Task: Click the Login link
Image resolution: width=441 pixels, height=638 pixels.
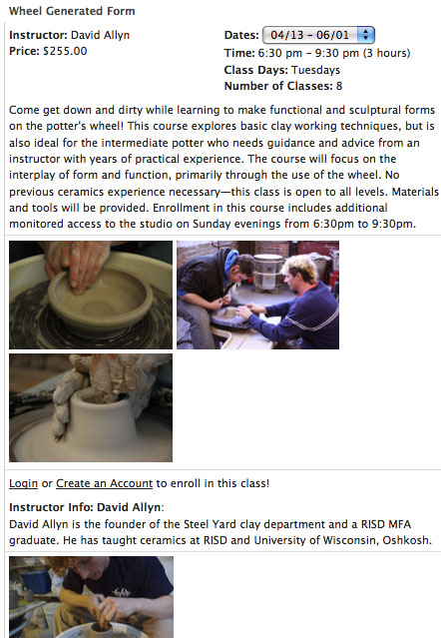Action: [x=23, y=483]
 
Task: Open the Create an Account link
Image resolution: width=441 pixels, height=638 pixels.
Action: [x=104, y=483]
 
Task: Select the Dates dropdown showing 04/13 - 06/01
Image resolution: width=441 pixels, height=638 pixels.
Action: [x=318, y=35]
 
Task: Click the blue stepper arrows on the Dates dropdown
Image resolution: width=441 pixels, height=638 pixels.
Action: [x=366, y=35]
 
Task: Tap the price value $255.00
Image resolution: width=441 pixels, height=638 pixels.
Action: [x=65, y=51]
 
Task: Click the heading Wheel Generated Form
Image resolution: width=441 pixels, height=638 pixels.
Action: [x=72, y=11]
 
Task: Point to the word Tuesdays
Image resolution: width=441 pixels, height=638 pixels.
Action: [x=316, y=70]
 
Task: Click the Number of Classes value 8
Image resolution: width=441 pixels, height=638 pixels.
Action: [x=339, y=86]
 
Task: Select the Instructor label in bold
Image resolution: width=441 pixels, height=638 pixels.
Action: [x=38, y=35]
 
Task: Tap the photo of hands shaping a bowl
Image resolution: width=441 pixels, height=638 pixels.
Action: [x=91, y=295]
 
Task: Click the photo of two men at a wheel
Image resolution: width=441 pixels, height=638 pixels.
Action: [x=257, y=295]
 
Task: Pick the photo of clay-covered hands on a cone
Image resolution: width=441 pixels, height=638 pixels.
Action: [x=91, y=407]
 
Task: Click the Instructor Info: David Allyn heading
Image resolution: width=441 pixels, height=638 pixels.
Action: [x=86, y=507]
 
